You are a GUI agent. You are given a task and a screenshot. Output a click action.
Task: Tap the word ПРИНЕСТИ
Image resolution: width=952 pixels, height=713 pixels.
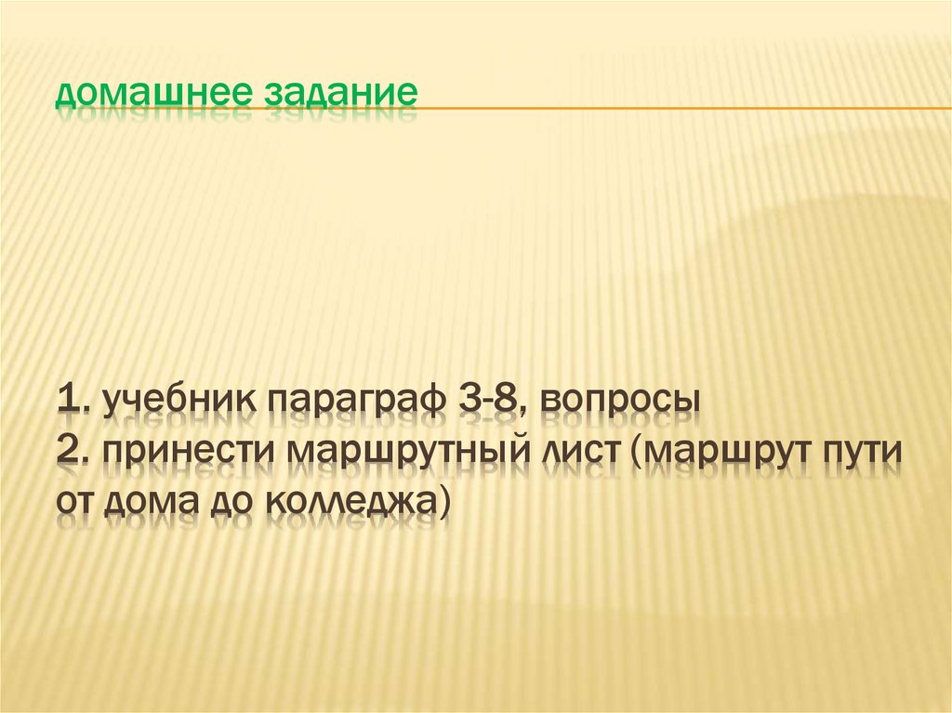190,453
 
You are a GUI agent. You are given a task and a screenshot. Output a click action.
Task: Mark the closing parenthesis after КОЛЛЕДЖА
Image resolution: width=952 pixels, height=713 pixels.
445,503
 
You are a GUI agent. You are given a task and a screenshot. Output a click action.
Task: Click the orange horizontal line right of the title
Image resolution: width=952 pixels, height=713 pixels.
679,108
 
